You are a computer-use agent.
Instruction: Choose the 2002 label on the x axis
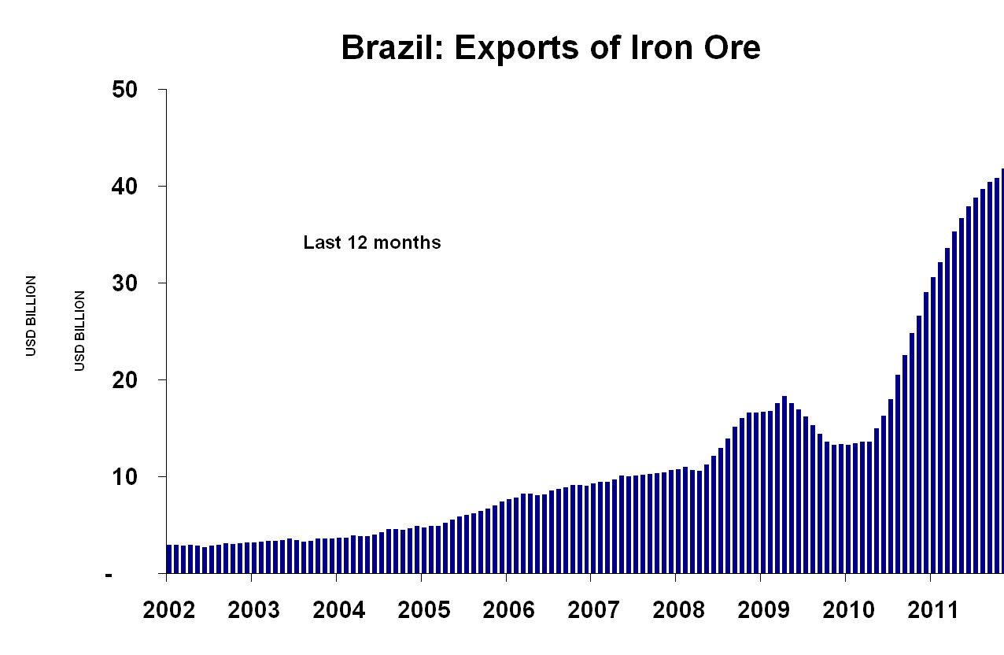(x=167, y=610)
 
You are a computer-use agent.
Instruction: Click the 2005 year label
(x=421, y=610)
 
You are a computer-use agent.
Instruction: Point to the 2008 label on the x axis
(x=675, y=610)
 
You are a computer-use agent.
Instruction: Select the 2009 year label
(x=760, y=610)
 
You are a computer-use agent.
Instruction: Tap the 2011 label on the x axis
(x=929, y=610)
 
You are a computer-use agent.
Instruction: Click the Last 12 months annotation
(x=372, y=243)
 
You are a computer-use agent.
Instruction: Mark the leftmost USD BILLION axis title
(x=31, y=316)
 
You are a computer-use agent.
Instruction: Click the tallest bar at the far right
(x=1002, y=370)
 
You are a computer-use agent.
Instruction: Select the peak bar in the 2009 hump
(x=784, y=484)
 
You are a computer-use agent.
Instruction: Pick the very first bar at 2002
(x=169, y=559)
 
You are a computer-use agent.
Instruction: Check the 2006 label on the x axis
(x=506, y=610)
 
